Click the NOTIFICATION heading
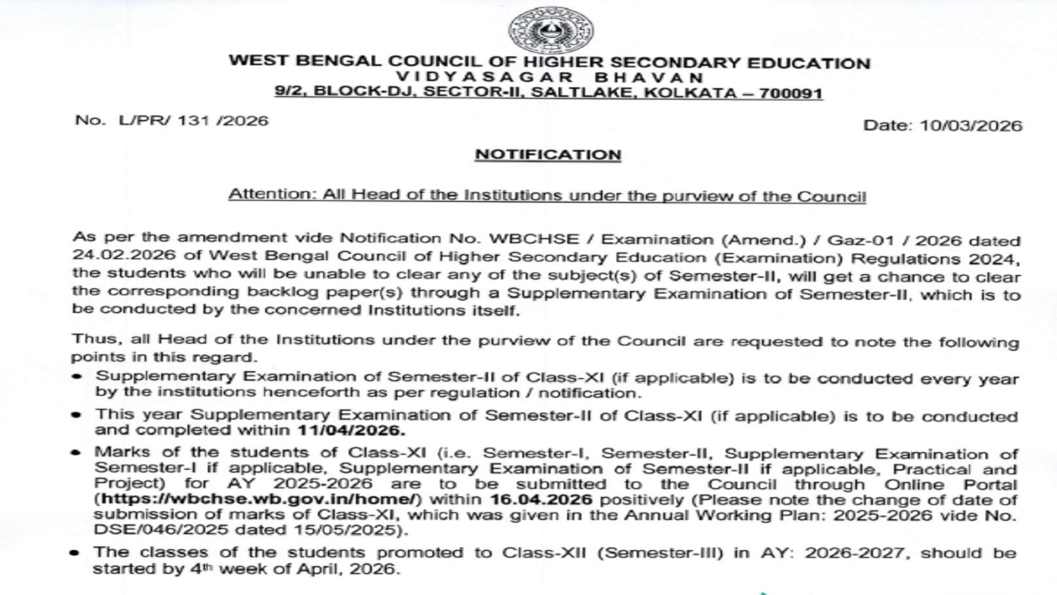tap(548, 154)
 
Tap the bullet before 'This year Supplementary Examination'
tap(79, 415)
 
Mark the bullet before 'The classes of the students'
tap(79, 554)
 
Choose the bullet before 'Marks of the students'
tap(79, 454)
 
